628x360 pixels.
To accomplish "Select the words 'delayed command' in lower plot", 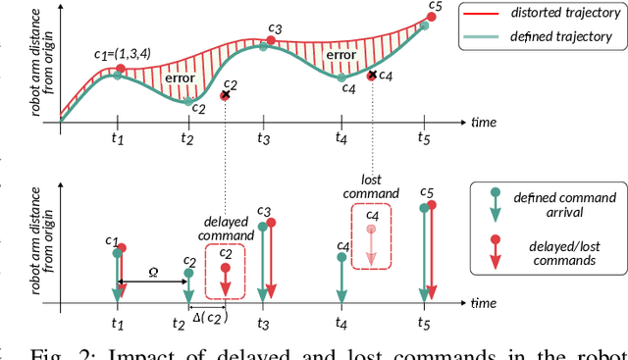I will pos(228,228).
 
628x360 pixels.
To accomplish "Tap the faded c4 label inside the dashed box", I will pos(371,215).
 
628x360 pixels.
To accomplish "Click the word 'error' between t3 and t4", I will pos(340,56).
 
